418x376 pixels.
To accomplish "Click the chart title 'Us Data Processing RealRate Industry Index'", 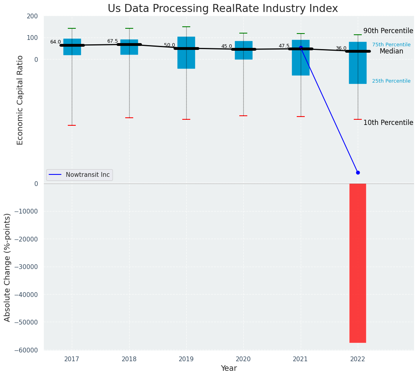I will tap(223, 9).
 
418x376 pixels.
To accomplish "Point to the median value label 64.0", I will tap(55, 42).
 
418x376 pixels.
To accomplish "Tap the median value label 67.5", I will tap(112, 41).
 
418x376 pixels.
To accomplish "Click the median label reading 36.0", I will tap(341, 48).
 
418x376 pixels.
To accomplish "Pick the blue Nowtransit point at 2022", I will tap(358, 172).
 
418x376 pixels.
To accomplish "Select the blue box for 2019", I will tap(186, 53).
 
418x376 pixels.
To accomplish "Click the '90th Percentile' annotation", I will tap(388, 31).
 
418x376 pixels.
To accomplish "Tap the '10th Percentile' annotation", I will tap(388, 123).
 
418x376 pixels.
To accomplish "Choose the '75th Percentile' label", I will tap(391, 45).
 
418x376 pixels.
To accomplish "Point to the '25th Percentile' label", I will tap(391, 81).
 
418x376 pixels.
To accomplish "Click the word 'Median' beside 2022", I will tap(391, 51).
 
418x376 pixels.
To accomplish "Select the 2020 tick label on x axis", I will tap(243, 359).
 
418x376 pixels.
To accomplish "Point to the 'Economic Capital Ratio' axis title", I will tap(20, 100).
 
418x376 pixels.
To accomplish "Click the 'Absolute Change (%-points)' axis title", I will tap(8, 267).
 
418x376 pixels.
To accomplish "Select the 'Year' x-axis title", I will tap(229, 368).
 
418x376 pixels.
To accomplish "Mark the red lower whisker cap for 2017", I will tap(72, 125).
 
